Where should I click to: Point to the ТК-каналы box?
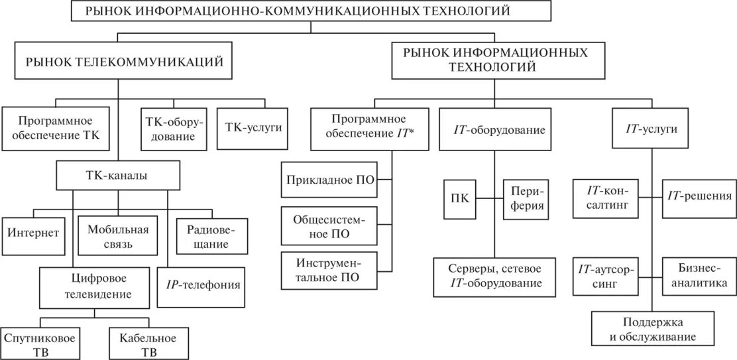(x=119, y=176)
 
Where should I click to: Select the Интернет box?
(x=34, y=233)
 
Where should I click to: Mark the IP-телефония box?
(x=203, y=286)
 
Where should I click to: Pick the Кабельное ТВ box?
(x=148, y=344)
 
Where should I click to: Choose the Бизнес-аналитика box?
(x=698, y=275)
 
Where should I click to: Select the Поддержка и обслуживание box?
(x=653, y=330)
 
